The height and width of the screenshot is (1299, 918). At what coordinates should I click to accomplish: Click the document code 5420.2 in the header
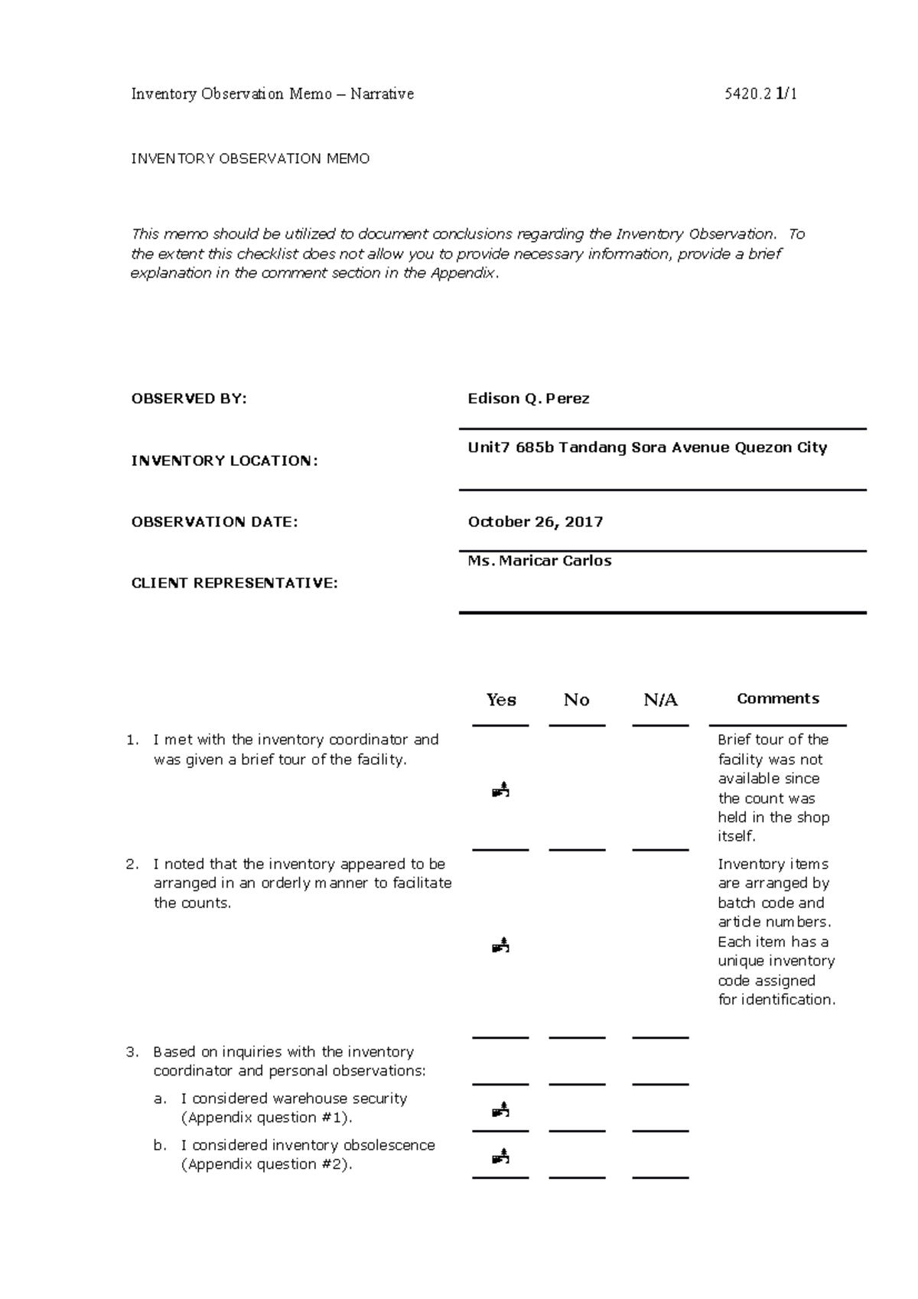pyautogui.click(x=747, y=94)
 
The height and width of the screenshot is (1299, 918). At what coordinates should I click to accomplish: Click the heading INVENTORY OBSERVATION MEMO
pyautogui.click(x=250, y=159)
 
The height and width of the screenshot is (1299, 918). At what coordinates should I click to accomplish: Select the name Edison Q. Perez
pyautogui.click(x=529, y=399)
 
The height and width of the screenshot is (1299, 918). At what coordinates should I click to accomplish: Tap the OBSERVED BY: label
pyautogui.click(x=190, y=399)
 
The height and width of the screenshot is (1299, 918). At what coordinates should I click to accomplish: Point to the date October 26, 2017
pyautogui.click(x=535, y=522)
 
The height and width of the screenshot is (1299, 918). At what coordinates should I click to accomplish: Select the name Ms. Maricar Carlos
pyautogui.click(x=539, y=561)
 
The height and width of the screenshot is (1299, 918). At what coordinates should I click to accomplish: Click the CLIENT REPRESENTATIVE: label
pyautogui.click(x=234, y=583)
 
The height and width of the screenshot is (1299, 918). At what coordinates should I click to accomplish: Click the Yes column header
pyautogui.click(x=501, y=700)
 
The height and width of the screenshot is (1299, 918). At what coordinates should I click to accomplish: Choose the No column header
pyautogui.click(x=576, y=700)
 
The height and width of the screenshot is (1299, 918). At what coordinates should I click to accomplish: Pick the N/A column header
pyautogui.click(x=660, y=700)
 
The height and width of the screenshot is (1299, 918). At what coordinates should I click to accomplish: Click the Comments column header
pyautogui.click(x=777, y=698)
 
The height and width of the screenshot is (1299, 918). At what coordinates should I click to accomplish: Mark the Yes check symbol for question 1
pyautogui.click(x=501, y=789)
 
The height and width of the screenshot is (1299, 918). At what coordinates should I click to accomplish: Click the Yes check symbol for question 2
pyautogui.click(x=501, y=946)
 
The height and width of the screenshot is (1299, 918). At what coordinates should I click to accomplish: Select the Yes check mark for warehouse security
pyautogui.click(x=501, y=1109)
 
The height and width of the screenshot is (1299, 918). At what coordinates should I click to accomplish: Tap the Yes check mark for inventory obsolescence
pyautogui.click(x=501, y=1156)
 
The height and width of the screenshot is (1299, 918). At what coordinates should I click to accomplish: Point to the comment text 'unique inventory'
pyautogui.click(x=776, y=961)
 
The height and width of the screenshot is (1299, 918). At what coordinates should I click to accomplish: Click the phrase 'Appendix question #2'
pyautogui.click(x=265, y=1164)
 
